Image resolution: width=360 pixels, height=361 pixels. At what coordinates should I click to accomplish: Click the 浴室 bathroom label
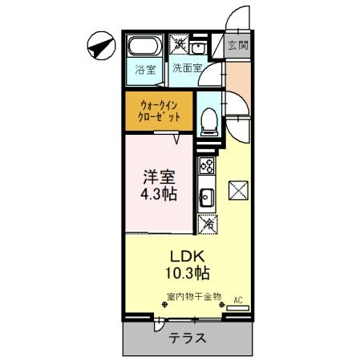click(144, 68)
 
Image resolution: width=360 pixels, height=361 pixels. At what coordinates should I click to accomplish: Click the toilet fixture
click(208, 120)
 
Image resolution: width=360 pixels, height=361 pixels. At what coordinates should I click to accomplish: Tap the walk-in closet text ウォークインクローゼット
click(160, 111)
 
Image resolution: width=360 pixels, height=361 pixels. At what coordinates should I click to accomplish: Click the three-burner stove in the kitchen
click(206, 167)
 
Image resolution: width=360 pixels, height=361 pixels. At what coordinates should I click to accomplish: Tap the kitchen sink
click(206, 195)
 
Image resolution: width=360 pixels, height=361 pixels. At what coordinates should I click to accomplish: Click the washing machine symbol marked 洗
click(182, 45)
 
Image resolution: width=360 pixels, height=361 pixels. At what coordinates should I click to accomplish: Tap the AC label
click(237, 301)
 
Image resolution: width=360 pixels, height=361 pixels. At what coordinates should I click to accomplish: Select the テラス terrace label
click(187, 338)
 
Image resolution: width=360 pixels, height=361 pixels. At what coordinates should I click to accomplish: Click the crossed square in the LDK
click(238, 191)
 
